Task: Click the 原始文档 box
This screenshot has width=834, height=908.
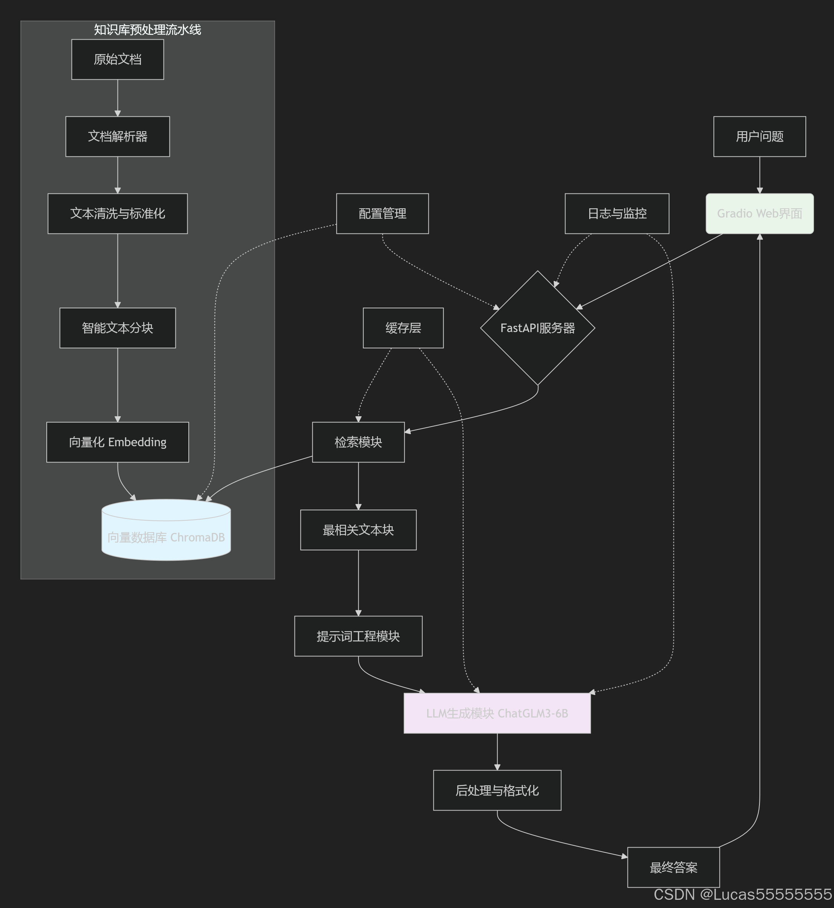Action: [x=117, y=60]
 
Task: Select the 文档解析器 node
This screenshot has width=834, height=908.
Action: [x=117, y=137]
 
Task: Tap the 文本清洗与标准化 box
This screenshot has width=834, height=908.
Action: [x=117, y=214]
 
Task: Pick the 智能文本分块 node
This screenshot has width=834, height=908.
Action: [x=117, y=328]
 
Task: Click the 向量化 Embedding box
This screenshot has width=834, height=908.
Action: [x=117, y=442]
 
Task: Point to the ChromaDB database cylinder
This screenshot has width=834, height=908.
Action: [x=166, y=532]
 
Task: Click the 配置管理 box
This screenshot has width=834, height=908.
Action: [x=382, y=214]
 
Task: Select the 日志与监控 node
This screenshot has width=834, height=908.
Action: [x=616, y=214]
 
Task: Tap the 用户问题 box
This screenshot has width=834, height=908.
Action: [x=759, y=137]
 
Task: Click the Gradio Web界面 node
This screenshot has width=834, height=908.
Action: [x=759, y=214]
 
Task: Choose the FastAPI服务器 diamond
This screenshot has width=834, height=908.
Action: [x=537, y=328]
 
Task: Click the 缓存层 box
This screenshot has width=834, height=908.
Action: [x=403, y=328]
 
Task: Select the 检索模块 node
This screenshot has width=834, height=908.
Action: [x=358, y=442]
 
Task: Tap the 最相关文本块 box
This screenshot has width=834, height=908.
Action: [x=358, y=530]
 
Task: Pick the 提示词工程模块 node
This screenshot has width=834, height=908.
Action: [x=358, y=636]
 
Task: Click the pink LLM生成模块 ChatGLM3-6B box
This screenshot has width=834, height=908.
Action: [x=497, y=713]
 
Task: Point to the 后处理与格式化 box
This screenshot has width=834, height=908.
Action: [x=497, y=790]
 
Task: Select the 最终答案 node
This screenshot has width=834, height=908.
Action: [x=673, y=867]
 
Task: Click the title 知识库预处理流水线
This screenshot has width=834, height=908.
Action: [x=148, y=30]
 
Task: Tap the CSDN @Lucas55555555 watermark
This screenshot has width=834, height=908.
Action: [x=742, y=894]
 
